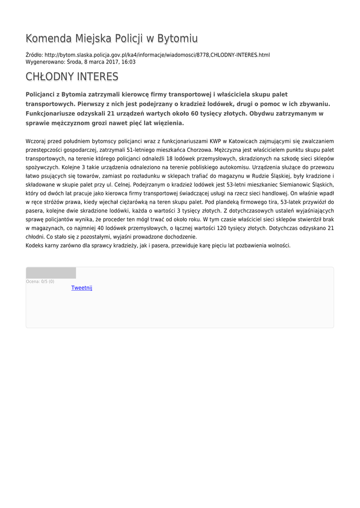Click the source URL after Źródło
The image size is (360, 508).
157,55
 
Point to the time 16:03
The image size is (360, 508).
129,62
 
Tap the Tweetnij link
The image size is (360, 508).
81,288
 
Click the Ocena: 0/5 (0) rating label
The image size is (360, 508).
40,282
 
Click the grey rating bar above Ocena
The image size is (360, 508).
51,273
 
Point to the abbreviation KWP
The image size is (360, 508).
215,141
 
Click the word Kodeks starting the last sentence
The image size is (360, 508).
35,246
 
